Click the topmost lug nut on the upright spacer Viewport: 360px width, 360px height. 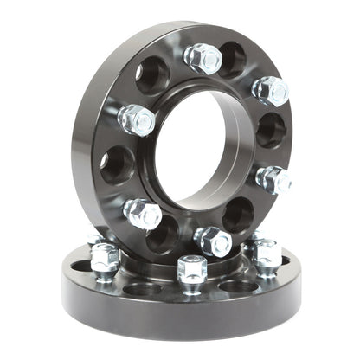[204, 58]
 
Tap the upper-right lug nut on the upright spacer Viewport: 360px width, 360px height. [271, 90]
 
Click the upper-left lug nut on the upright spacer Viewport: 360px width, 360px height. [137, 119]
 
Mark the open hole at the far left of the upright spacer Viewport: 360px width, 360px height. [117, 164]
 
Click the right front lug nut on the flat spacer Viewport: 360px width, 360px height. [267, 256]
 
